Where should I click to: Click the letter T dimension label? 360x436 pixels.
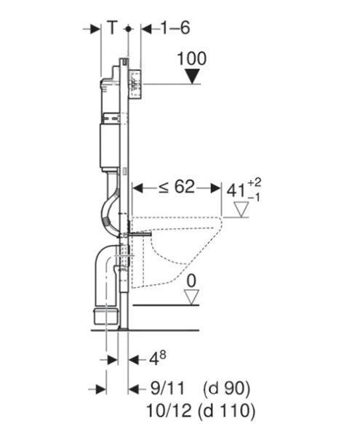click(x=112, y=28)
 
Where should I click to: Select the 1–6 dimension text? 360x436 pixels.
click(x=175, y=28)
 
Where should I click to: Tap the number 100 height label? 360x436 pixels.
click(x=192, y=58)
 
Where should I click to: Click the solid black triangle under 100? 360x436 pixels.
click(x=193, y=76)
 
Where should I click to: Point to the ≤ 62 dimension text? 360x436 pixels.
click(x=177, y=187)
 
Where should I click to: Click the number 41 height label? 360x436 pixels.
click(x=236, y=191)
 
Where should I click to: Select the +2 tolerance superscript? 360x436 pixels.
click(x=255, y=182)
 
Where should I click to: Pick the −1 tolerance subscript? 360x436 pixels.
click(x=253, y=198)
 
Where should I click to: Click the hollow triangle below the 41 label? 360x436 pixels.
click(x=241, y=209)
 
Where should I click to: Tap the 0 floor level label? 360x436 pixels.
click(x=191, y=280)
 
